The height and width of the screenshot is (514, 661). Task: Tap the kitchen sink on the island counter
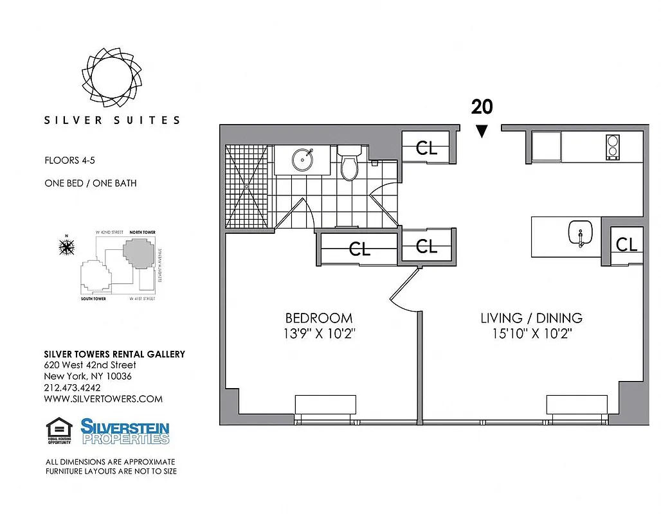(x=580, y=235)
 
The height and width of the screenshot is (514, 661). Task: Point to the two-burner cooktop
(x=613, y=147)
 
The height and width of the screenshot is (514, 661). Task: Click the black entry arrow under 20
(x=482, y=131)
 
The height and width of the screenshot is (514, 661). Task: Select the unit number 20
(x=482, y=106)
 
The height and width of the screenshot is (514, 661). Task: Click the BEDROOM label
(x=319, y=318)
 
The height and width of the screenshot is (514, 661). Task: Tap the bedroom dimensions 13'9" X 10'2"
(x=319, y=334)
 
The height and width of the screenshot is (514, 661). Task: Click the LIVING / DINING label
(x=531, y=318)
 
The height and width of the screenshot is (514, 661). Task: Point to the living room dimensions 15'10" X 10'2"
(x=531, y=334)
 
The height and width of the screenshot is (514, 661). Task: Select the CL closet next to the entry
(x=426, y=148)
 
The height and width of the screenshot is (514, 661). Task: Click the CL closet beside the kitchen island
(x=626, y=244)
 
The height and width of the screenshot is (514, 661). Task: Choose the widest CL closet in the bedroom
(x=359, y=249)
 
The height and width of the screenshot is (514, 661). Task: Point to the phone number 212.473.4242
(x=72, y=387)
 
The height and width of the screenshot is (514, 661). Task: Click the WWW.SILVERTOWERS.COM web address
(x=103, y=399)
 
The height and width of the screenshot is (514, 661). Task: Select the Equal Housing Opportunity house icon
(x=57, y=429)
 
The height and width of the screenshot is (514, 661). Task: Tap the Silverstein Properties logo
(x=125, y=431)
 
